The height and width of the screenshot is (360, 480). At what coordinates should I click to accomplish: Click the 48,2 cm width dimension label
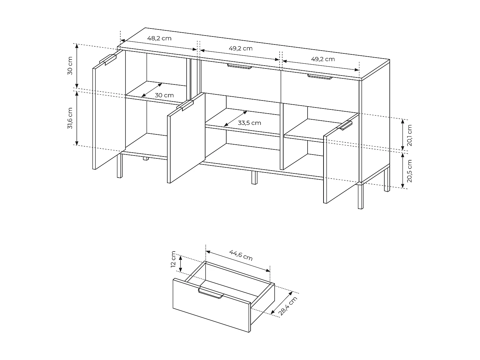(159, 38)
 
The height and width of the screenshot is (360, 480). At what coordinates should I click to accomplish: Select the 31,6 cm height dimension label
(71, 118)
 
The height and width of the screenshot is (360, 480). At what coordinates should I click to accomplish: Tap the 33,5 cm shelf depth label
(250, 123)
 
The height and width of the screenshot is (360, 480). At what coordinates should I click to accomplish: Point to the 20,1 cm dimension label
(410, 135)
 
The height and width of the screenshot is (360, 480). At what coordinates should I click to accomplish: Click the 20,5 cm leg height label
(410, 171)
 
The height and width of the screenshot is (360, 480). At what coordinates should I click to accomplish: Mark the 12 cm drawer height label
(173, 260)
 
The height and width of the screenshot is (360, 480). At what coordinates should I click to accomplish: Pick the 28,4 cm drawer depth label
(288, 306)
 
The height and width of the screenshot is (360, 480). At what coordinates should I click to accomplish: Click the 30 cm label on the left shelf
(164, 95)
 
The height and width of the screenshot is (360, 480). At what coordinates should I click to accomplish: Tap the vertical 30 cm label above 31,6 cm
(71, 66)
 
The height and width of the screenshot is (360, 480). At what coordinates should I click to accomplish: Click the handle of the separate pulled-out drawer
(211, 293)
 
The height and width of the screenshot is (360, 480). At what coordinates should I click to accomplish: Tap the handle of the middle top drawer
(239, 66)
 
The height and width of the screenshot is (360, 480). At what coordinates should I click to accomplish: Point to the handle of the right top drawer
(320, 76)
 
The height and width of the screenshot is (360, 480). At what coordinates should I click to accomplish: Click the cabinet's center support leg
(254, 178)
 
